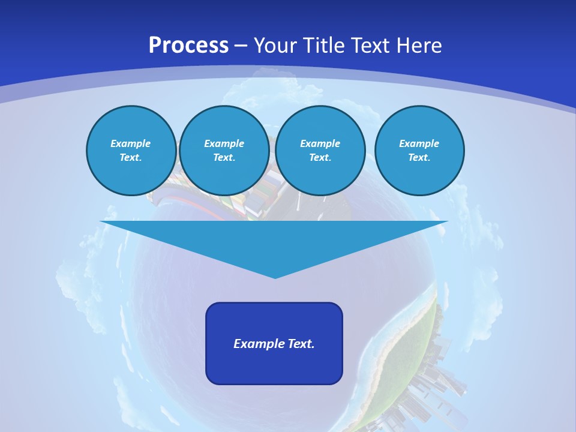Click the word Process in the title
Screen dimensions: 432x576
(x=188, y=46)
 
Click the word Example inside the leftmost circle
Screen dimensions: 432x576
(x=131, y=143)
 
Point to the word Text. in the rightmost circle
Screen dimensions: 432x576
(x=419, y=157)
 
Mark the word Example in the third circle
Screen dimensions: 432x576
(x=320, y=143)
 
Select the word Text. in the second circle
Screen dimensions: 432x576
(x=224, y=157)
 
